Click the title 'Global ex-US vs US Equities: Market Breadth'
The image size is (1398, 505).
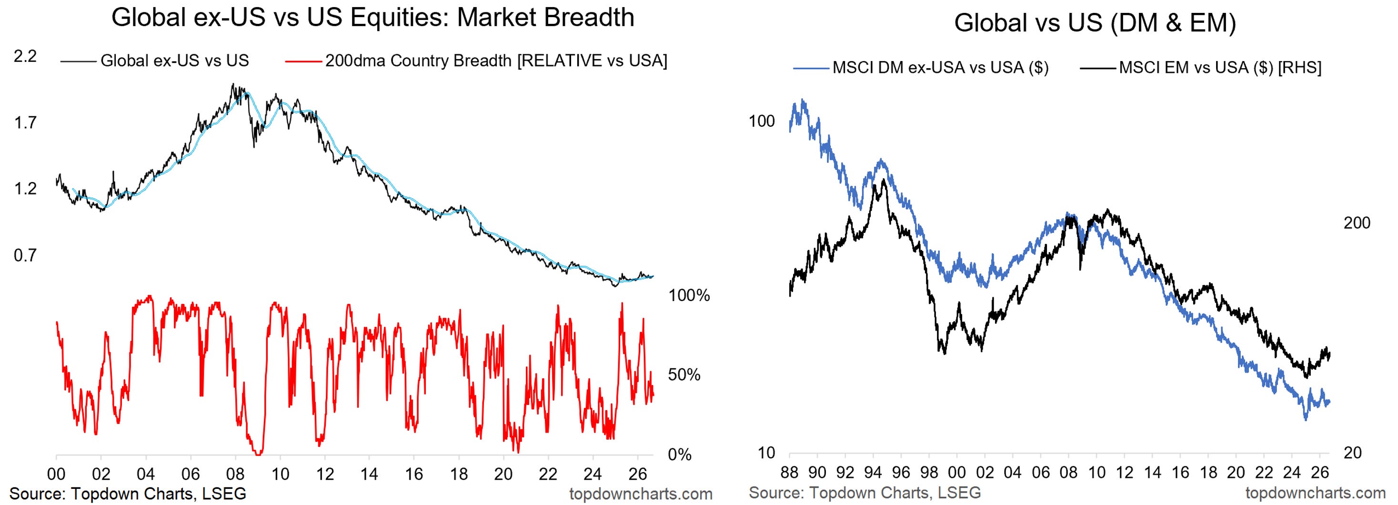click(x=373, y=17)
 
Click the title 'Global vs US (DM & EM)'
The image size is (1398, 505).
click(x=1095, y=23)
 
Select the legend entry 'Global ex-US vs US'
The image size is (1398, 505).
click(x=155, y=61)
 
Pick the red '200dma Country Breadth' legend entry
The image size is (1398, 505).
click(x=476, y=61)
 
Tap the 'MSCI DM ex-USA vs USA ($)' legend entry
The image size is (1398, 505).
click(x=921, y=68)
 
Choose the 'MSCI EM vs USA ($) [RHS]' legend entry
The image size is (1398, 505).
click(x=1200, y=68)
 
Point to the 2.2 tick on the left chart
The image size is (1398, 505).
click(x=25, y=56)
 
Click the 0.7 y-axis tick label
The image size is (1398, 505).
click(x=25, y=255)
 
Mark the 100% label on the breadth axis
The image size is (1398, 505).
click(x=689, y=296)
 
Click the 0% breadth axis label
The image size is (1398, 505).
click(x=679, y=454)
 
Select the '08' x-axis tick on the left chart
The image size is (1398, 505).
click(x=235, y=474)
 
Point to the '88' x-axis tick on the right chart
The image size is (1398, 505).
click(x=790, y=473)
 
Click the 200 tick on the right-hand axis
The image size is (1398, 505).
click(x=1357, y=223)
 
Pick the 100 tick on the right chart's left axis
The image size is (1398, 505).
click(x=762, y=121)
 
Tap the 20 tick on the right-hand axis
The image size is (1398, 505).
click(x=1352, y=453)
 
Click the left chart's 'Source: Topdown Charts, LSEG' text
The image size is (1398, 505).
click(x=128, y=494)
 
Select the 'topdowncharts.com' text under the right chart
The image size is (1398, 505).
click(x=1316, y=493)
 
